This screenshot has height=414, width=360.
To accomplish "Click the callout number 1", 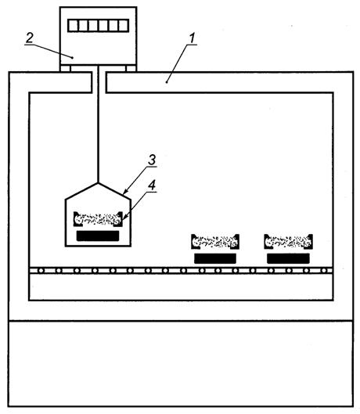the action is pyautogui.click(x=193, y=38).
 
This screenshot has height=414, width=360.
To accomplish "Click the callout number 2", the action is pyautogui.click(x=30, y=38).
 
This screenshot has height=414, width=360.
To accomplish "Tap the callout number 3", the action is pyautogui.click(x=152, y=160).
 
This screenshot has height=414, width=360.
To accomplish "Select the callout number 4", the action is pyautogui.click(x=152, y=185).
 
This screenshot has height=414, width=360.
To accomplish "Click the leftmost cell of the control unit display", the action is pyautogui.click(x=73, y=26).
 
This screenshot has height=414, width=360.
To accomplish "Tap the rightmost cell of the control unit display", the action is pyautogui.click(x=124, y=26).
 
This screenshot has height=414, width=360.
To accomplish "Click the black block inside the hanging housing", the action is pyautogui.click(x=98, y=236).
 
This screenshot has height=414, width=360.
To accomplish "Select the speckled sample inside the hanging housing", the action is pyautogui.click(x=98, y=219).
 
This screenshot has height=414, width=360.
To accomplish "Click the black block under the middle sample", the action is pyautogui.click(x=215, y=258).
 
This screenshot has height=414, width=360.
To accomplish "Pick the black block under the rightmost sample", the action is pyautogui.click(x=288, y=258).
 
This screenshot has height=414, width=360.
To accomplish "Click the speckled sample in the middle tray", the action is pyautogui.click(x=215, y=241).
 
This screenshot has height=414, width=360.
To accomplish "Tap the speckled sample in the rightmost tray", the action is pyautogui.click(x=288, y=241).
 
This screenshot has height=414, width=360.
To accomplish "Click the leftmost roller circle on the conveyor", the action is pyautogui.click(x=41, y=271).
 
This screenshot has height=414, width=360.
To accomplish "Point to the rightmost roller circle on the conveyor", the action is pyautogui.click(x=324, y=271).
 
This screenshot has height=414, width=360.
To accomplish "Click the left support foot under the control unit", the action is pyautogui.click(x=65, y=68).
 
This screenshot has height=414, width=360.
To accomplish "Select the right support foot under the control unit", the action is pyautogui.click(x=131, y=68).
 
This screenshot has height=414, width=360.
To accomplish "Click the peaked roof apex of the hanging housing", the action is pyautogui.click(x=99, y=182).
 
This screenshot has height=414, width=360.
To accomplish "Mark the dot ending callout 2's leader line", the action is pyautogui.click(x=72, y=57).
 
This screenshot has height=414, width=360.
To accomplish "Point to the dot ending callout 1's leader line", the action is pyautogui.click(x=167, y=82).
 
